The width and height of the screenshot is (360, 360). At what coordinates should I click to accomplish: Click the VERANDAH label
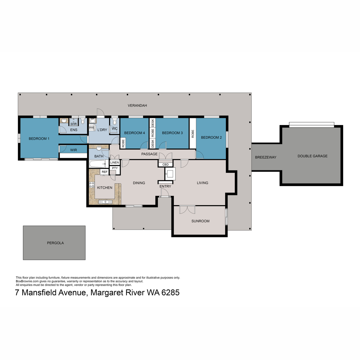coord(137,106)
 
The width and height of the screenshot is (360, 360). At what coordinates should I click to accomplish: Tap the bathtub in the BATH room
coord(97,164)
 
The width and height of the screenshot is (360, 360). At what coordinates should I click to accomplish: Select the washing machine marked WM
coord(91,127)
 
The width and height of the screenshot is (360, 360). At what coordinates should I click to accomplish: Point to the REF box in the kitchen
coord(104,172)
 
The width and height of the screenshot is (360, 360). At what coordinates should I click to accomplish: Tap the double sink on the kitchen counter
coord(105,202)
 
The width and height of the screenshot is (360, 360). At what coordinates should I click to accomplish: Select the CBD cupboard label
coord(165,165)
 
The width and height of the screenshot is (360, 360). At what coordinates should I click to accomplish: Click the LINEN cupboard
coord(114,162)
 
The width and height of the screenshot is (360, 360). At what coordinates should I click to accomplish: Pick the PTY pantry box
coord(115,168)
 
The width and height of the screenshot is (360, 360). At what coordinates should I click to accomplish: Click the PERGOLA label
coord(55,243)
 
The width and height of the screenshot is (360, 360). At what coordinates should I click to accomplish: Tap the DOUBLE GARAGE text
coord(312,156)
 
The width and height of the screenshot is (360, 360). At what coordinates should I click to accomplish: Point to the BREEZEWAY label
coord(265,157)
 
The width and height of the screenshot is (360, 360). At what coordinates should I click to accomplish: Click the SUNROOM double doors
coord(187,209)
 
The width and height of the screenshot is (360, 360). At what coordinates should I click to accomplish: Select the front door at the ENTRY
coord(164,193)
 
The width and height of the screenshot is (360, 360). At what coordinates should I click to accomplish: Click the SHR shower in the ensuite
coord(73,122)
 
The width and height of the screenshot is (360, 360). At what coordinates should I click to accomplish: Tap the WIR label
coord(73,150)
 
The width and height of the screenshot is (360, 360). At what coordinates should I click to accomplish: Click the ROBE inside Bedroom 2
coord(193,134)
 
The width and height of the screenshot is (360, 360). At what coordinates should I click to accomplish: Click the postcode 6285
coord(170,292)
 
